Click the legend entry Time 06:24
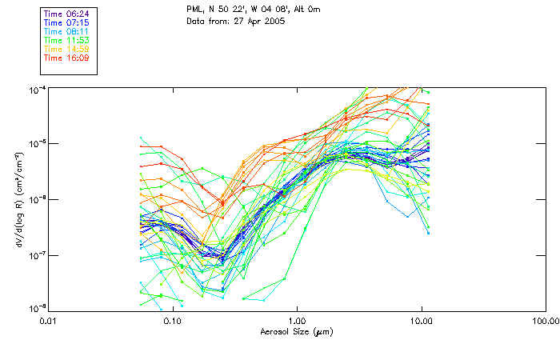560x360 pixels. pyautogui.click(x=66, y=14)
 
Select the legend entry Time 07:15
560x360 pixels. pyautogui.click(x=66, y=22)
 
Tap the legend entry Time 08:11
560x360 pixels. pyautogui.click(x=66, y=31)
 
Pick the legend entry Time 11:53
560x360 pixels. pyautogui.click(x=66, y=40)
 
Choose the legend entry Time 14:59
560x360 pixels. pyautogui.click(x=66, y=49)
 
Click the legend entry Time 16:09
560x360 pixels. pyautogui.click(x=66, y=58)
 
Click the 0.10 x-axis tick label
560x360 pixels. pyautogui.click(x=172, y=320)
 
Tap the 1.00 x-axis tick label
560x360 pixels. pyautogui.click(x=297, y=320)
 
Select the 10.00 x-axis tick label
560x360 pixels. pyautogui.click(x=421, y=320)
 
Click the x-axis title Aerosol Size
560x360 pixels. pyautogui.click(x=296, y=331)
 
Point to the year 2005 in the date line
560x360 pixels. pyautogui.click(x=274, y=21)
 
